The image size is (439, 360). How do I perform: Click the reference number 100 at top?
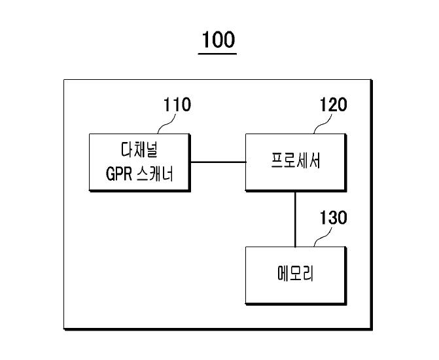pos(218,39)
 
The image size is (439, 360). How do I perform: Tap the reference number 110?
pos(177,105)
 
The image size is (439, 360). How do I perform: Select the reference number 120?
pos(333,105)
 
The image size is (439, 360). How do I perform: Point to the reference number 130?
pos(333,217)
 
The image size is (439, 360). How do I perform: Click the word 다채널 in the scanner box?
pos(139,150)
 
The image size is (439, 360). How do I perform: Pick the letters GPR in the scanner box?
pos(118,174)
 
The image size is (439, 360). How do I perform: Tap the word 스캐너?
pos(155,173)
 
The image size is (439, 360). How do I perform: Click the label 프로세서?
pos(295,160)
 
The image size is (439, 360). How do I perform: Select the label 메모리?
pos(295,274)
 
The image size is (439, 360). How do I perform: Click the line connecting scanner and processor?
pos(218,162)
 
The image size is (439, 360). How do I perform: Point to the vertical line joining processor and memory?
pos(295,219)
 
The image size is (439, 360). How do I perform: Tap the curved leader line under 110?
pos(167,124)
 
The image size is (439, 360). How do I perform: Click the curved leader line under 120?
pos(323,124)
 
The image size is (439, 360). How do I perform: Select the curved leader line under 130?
pos(323,237)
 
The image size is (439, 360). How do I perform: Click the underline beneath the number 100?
pos(218,54)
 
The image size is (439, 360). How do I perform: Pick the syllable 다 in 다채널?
pos(127,150)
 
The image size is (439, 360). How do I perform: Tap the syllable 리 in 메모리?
pos(309,274)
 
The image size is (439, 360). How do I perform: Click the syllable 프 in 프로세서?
pos(277,160)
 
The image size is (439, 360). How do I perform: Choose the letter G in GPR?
pos(110,174)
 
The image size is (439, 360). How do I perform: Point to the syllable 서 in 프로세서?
pos(315,160)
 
